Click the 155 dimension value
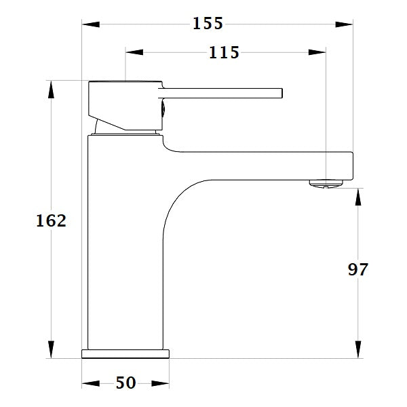[x=208, y=23]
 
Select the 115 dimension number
[x=225, y=52]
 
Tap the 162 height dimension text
[x=52, y=220]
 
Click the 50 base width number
[x=125, y=383]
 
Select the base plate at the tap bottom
[x=125, y=353]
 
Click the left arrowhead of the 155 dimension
[x=91, y=24]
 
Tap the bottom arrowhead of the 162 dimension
[x=51, y=349]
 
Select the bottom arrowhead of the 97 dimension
[x=357, y=349]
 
